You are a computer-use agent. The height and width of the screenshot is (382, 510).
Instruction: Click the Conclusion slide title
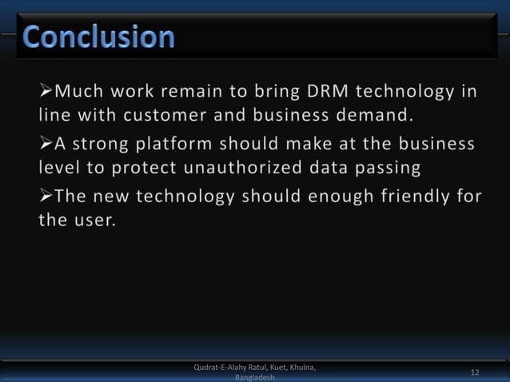[x=98, y=37]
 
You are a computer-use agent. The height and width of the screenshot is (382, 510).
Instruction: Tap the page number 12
[x=475, y=372]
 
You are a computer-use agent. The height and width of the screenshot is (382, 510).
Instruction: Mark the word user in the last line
[x=95, y=221]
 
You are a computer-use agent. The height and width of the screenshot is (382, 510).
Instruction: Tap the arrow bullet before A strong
[x=45, y=144]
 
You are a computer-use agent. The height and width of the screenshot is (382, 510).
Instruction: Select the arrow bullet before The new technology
[x=45, y=197]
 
